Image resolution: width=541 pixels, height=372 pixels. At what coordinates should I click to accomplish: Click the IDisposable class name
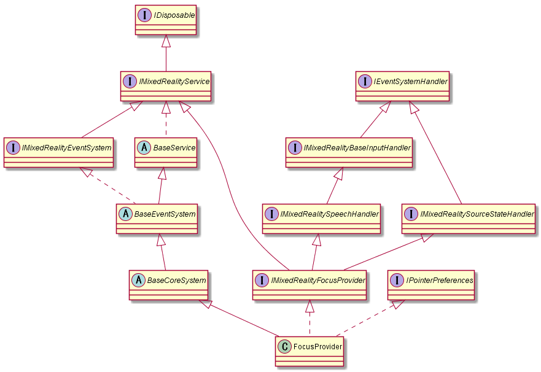click(174, 15)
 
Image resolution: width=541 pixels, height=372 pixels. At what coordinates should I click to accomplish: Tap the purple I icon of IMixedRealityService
click(130, 82)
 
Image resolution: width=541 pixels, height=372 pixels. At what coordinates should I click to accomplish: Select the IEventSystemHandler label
click(410, 82)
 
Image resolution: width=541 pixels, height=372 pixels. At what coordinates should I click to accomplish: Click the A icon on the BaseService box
click(144, 147)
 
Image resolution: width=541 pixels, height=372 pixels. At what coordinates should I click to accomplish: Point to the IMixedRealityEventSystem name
click(66, 148)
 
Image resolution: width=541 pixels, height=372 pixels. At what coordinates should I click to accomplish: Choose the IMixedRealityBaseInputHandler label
click(357, 148)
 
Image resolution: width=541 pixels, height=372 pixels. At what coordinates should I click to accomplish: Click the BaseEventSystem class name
click(165, 214)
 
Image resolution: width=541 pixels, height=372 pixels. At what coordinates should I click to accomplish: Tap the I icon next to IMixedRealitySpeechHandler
click(271, 214)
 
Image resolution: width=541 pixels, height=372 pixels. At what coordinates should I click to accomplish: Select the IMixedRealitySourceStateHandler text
click(477, 214)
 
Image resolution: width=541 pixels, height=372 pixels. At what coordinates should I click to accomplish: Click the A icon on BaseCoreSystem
click(138, 281)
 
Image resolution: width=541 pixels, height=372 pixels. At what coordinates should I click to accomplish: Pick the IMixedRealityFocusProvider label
click(318, 281)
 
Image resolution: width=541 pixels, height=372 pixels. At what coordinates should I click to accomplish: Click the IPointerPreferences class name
click(440, 281)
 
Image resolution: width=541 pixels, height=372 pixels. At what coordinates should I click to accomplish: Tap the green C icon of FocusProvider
click(285, 346)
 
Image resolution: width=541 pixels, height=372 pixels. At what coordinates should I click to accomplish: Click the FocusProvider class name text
click(317, 346)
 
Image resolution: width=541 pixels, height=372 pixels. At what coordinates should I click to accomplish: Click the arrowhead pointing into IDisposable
click(166, 41)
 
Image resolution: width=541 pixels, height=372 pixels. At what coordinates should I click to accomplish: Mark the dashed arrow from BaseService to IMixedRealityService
click(166, 119)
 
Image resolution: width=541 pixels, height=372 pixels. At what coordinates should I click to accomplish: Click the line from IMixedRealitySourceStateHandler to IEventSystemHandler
click(435, 152)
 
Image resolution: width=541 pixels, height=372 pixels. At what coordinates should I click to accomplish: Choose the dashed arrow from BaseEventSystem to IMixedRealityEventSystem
click(107, 185)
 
